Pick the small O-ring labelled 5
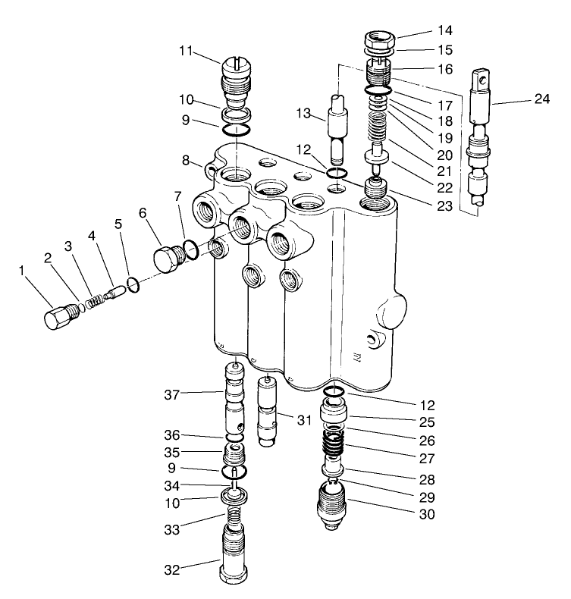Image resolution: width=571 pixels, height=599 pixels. coord(132,284)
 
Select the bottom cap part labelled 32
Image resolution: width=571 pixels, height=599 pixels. coord(233,557)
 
